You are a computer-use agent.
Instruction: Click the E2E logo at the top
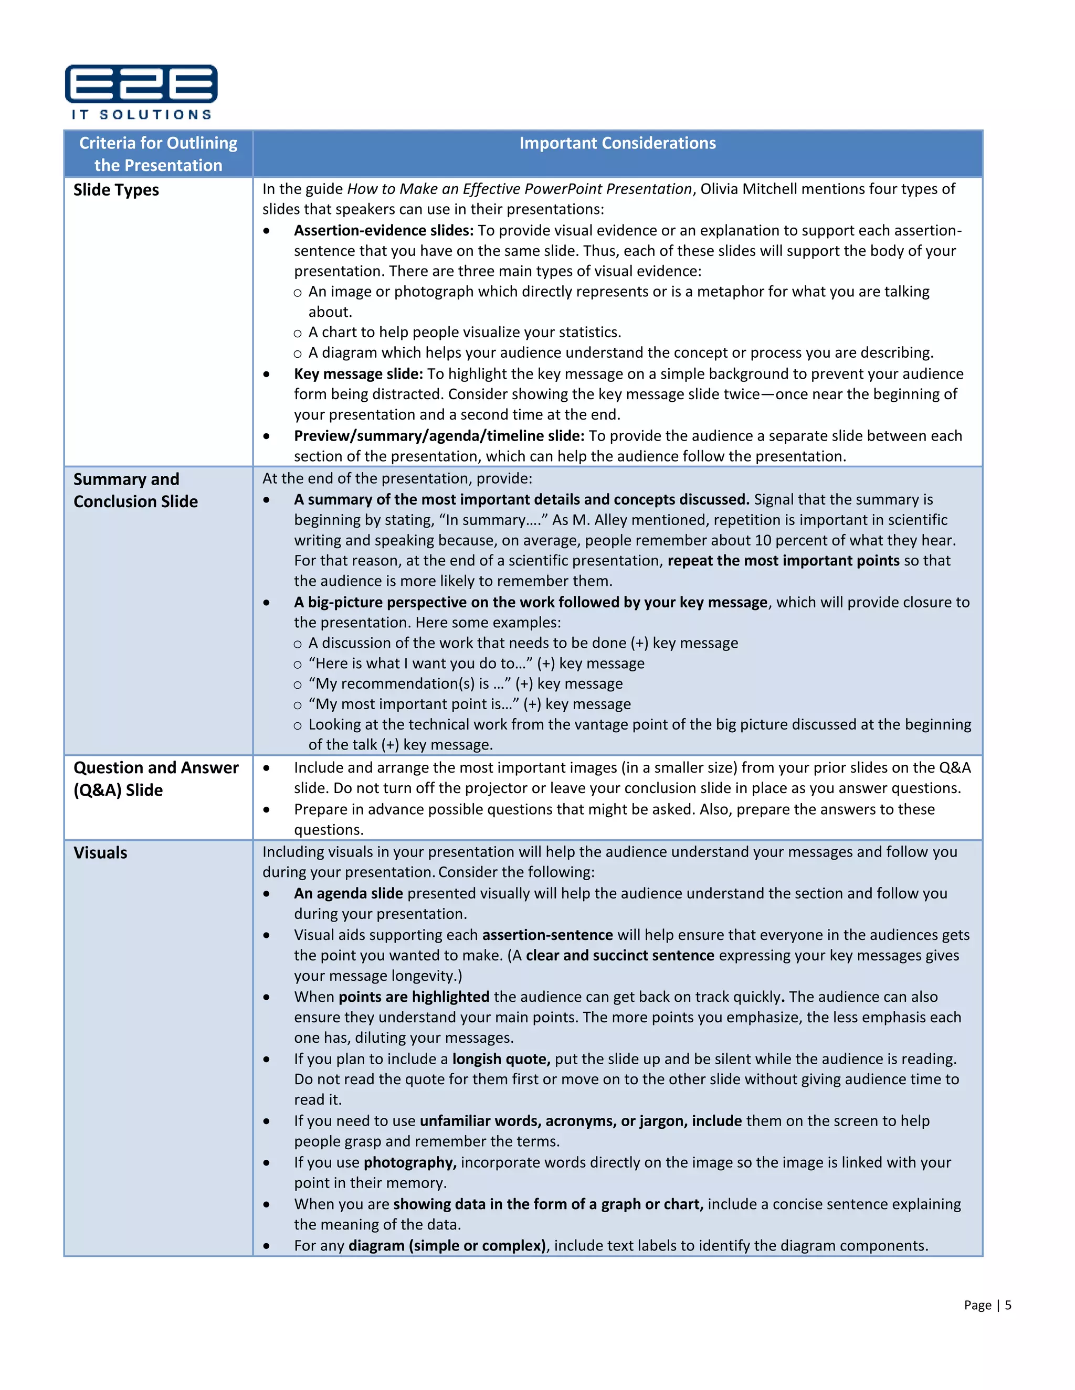click(x=141, y=84)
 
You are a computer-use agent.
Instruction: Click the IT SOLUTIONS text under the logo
click(x=141, y=114)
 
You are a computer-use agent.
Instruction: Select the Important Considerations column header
click(x=617, y=143)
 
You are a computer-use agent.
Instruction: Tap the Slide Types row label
click(x=116, y=190)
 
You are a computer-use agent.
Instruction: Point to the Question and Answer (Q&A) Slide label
click(x=155, y=778)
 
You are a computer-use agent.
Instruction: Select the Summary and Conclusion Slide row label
click(x=135, y=490)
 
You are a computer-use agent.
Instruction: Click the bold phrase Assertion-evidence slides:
click(x=383, y=230)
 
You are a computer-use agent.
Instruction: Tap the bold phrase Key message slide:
click(x=358, y=373)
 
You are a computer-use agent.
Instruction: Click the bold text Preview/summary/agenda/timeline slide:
click(x=439, y=436)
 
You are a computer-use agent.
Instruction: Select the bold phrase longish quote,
click(x=501, y=1059)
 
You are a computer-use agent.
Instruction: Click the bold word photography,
click(x=409, y=1163)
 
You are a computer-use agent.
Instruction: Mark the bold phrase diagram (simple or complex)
click(x=447, y=1246)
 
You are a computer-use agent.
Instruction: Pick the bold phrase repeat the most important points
click(x=783, y=561)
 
